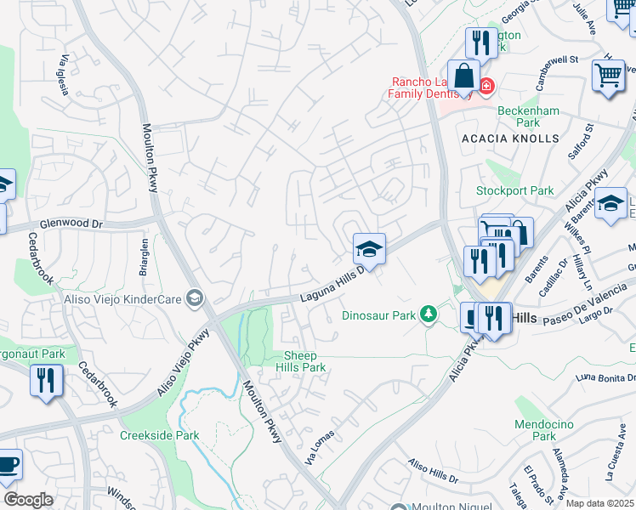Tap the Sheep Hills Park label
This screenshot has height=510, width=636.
pos(302,362)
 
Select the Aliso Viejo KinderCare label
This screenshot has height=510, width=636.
pos(124,298)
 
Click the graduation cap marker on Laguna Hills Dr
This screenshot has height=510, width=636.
pos(369,249)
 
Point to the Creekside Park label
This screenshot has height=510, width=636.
pos(159,435)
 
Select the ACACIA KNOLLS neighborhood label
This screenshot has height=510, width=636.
pos(510,138)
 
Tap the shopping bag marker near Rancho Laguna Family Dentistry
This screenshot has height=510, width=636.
pos(463,76)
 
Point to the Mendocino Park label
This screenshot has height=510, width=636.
pos(544,430)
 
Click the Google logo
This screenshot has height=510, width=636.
pos(28,500)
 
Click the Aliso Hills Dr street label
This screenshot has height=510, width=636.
pos(433,472)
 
